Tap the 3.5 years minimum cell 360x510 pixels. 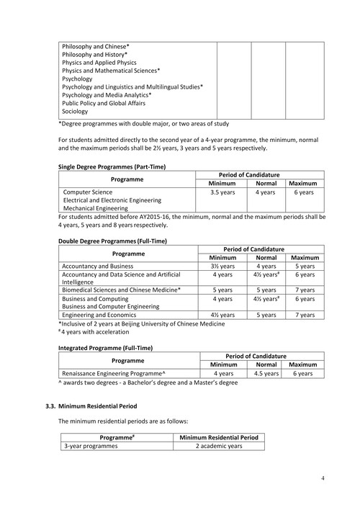[x=222, y=193]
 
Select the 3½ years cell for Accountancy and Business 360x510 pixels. [x=222, y=266]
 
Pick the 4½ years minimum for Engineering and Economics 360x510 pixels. [x=222, y=315]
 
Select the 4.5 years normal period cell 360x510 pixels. [x=266, y=374]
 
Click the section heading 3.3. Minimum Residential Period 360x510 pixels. [x=96, y=407]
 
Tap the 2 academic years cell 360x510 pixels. [x=218, y=446]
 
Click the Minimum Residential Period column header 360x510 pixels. [x=218, y=437]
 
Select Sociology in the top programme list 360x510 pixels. [x=76, y=112]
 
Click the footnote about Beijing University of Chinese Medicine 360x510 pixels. [x=142, y=323]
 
